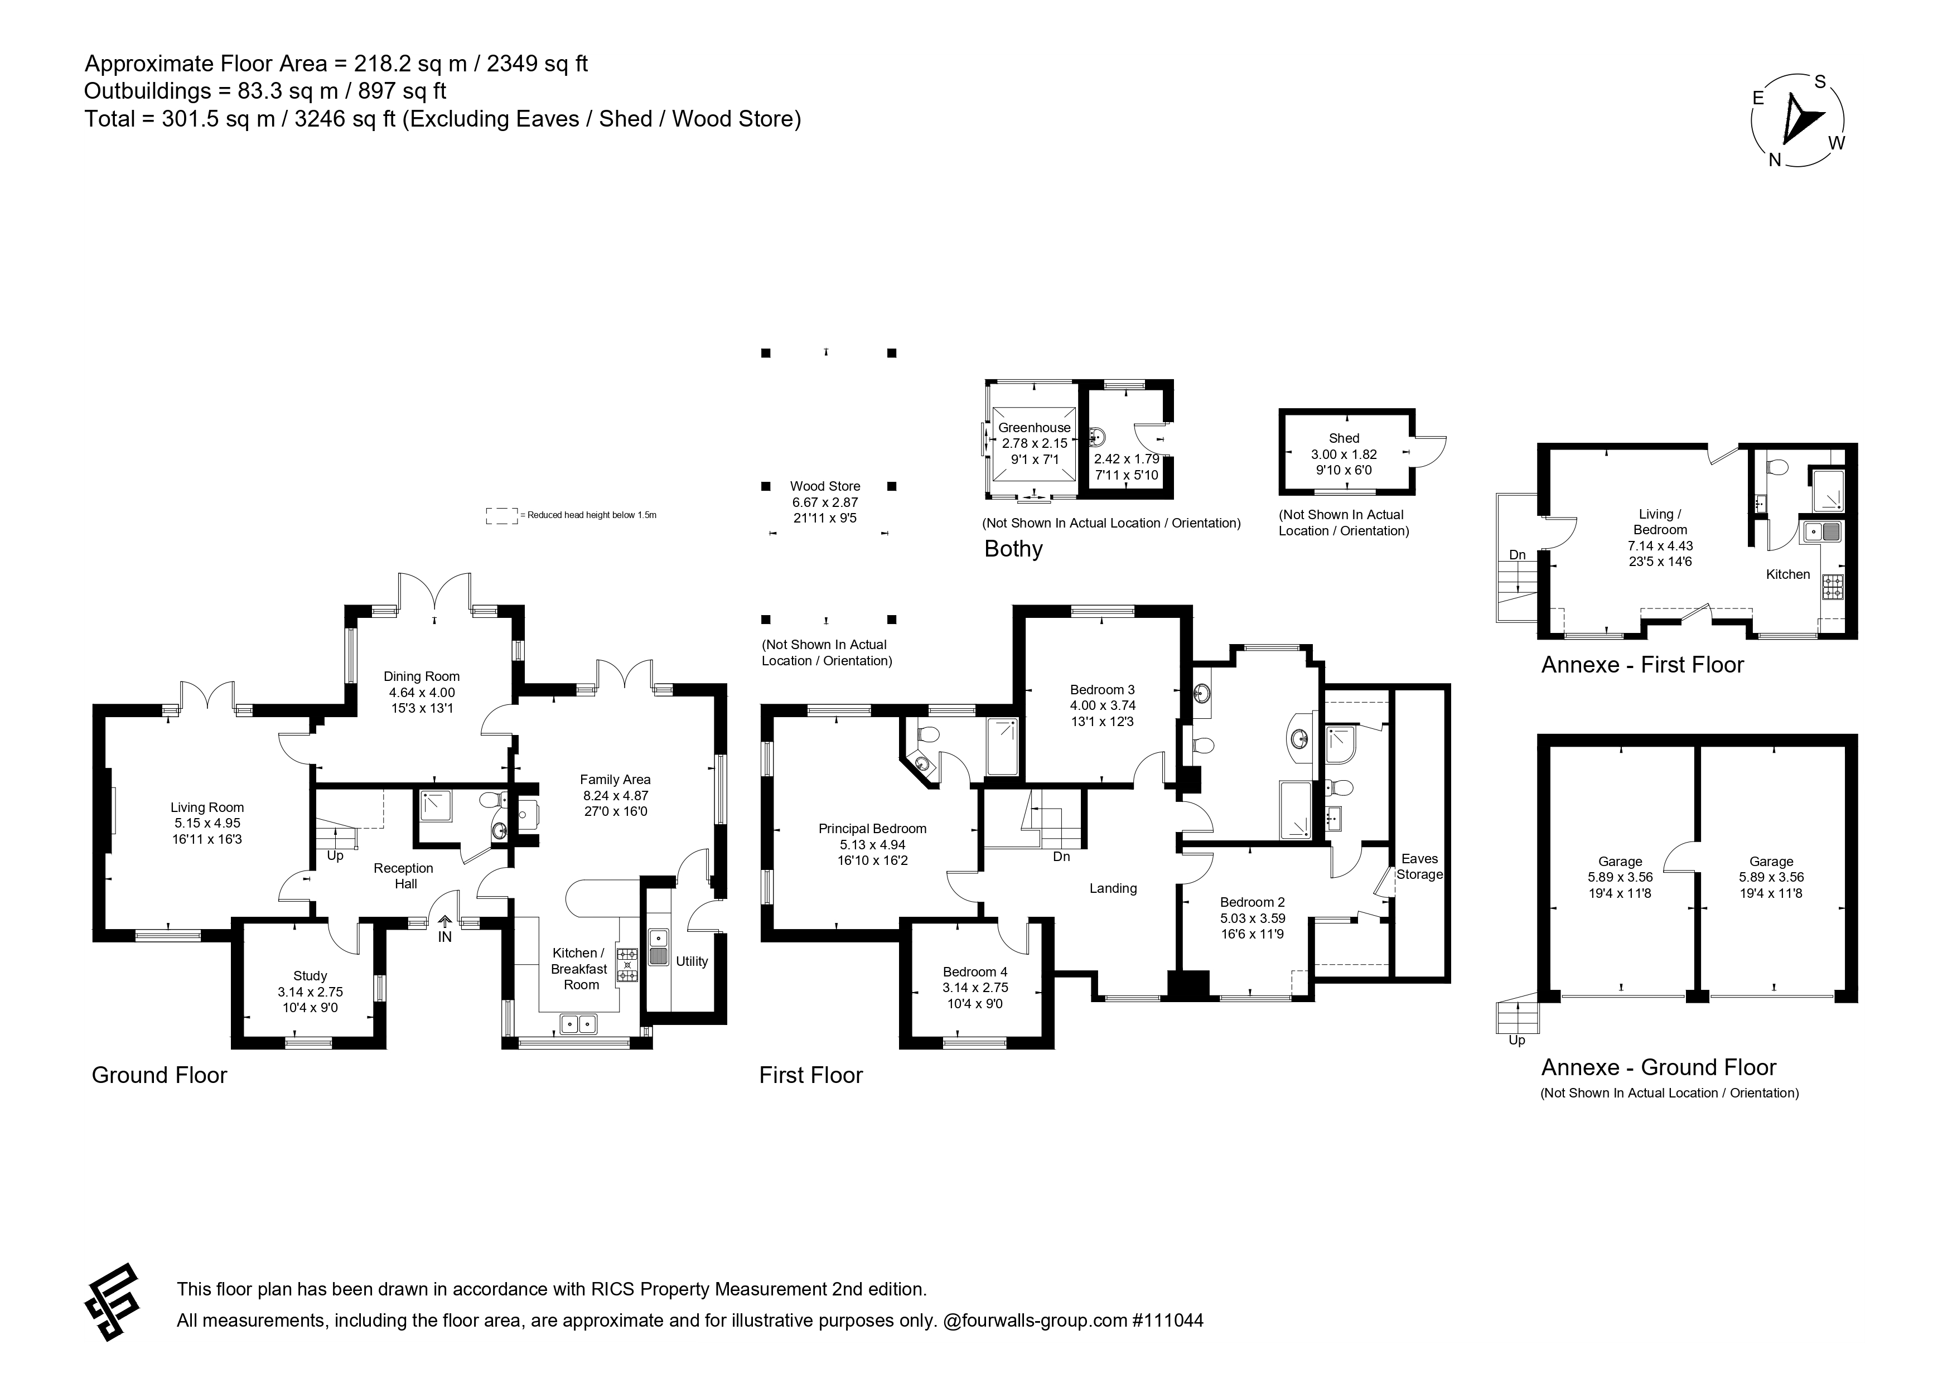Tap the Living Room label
click(207, 807)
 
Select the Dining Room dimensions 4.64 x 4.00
click(422, 693)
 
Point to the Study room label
click(310, 976)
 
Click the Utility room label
click(692, 961)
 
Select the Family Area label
click(615, 779)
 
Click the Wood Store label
click(825, 486)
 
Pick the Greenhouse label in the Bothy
click(1035, 428)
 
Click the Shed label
click(1344, 438)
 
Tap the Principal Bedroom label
click(872, 828)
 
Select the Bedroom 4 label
click(975, 971)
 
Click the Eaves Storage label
click(1419, 867)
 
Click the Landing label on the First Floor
click(1113, 888)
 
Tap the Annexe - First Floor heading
click(1642, 665)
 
